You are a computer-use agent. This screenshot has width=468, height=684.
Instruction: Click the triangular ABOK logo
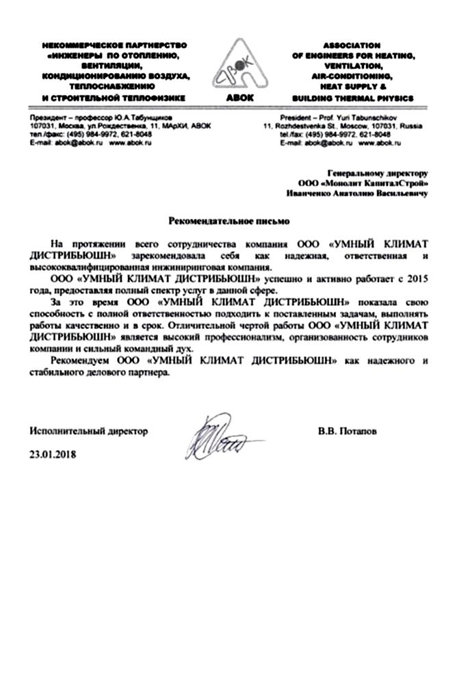point(233,66)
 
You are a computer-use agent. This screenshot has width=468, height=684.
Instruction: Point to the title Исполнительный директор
point(88,432)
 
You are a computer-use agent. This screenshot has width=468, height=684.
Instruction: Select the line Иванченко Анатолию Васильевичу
point(357,194)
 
